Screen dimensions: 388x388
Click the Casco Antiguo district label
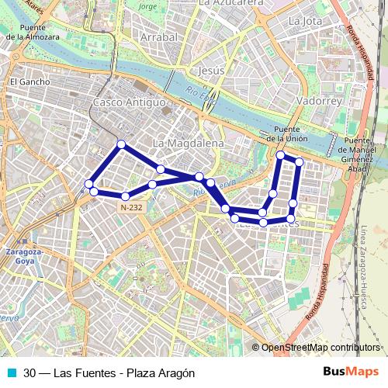(129, 102)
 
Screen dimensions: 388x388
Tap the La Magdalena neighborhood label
(188, 144)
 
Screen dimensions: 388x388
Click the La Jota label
(304, 20)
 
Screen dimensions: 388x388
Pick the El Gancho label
(29, 81)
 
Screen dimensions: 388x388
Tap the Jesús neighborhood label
(211, 70)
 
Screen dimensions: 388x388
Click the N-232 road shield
(131, 208)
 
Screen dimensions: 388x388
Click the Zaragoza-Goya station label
(23, 258)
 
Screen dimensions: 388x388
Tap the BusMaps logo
(351, 372)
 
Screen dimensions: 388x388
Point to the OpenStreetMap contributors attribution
(320, 348)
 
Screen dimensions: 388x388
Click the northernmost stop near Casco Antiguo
(121, 144)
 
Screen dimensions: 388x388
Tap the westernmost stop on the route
(88, 184)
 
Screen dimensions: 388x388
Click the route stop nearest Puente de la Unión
(281, 155)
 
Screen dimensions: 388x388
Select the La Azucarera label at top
(230, 3)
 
